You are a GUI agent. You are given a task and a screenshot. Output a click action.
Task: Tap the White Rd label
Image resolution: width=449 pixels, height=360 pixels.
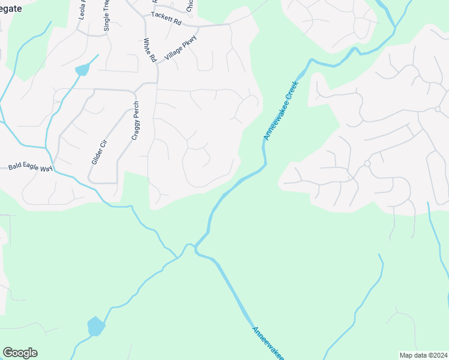coord(149,50)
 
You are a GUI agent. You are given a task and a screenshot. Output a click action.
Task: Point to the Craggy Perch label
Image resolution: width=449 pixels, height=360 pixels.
coord(136,121)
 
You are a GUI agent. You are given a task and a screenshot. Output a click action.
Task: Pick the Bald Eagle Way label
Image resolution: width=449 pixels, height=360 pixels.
coord(30,167)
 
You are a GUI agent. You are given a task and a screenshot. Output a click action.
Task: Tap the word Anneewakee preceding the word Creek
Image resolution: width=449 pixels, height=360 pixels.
coord(274,123)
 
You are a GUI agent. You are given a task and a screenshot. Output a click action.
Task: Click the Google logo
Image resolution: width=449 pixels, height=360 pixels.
coord(20,353)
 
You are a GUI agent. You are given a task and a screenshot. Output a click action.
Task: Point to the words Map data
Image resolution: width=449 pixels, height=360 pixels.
coord(412,355)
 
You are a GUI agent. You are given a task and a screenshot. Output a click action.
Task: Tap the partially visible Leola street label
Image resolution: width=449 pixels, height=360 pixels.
coord(82,10)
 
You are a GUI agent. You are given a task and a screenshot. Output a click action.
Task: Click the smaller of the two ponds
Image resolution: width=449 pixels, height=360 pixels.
coord(82,69)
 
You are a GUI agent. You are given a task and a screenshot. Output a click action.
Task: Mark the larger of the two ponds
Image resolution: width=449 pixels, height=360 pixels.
coord(95,326)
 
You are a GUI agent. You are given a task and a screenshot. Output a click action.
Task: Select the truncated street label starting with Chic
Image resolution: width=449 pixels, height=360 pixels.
coord(190,5)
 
